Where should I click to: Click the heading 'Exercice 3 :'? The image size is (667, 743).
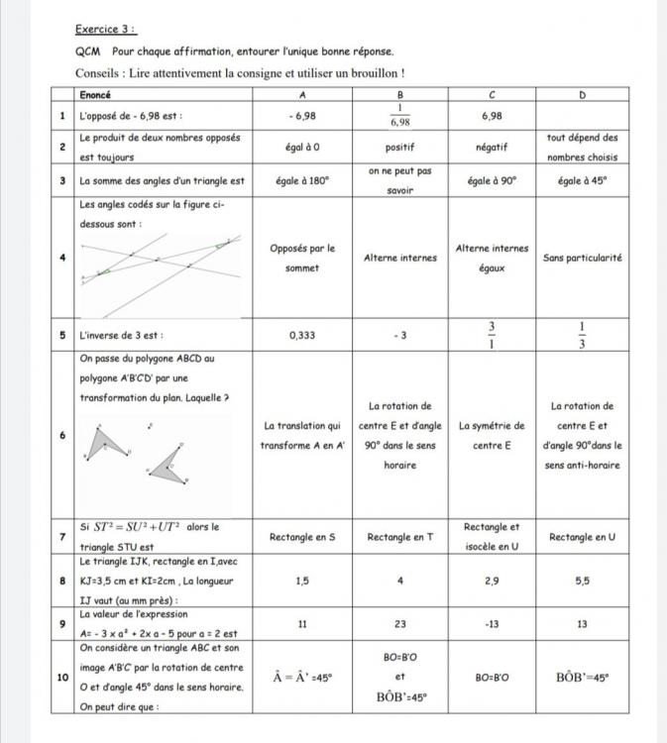106,31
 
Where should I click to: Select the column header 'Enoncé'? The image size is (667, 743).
96,95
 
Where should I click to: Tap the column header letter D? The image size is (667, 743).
582,95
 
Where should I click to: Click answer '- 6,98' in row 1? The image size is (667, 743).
301,116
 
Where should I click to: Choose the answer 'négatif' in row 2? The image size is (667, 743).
491,147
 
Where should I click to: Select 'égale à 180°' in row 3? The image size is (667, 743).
301,181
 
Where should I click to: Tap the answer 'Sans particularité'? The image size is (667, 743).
582,258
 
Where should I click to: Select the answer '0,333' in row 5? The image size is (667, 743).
301,335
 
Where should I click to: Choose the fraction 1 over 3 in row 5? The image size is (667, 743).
582,335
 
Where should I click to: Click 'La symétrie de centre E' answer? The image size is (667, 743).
491,435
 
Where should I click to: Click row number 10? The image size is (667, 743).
62,679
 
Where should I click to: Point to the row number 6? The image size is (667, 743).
62,435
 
